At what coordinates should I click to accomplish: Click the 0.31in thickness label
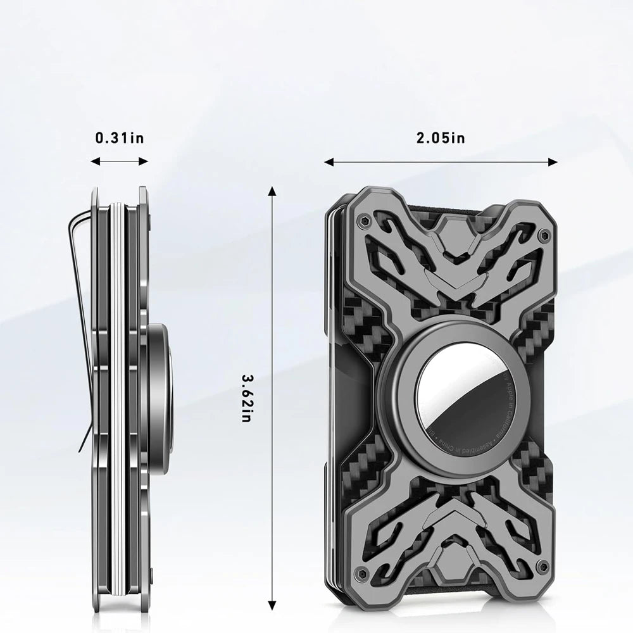pyautogui.click(x=119, y=138)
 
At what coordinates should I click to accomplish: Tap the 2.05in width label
pyautogui.click(x=441, y=138)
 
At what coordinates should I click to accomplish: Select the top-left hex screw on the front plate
pyautogui.click(x=361, y=222)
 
